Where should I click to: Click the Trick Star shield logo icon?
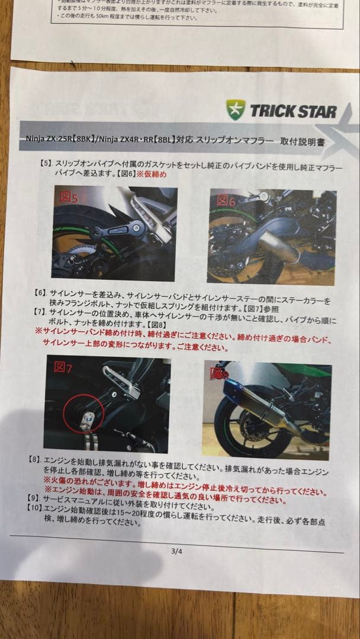click(236, 109)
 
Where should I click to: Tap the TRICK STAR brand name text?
click(292, 111)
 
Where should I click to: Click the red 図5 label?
click(66, 197)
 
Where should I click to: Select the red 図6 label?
click(226, 201)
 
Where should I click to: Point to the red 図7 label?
click(63, 367)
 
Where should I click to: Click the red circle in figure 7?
click(85, 412)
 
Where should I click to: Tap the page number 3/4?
click(176, 551)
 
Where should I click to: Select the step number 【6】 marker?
click(39, 293)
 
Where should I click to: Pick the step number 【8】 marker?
click(35, 459)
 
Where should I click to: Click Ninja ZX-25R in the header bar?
click(47, 141)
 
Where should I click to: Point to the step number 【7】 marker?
click(39, 311)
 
